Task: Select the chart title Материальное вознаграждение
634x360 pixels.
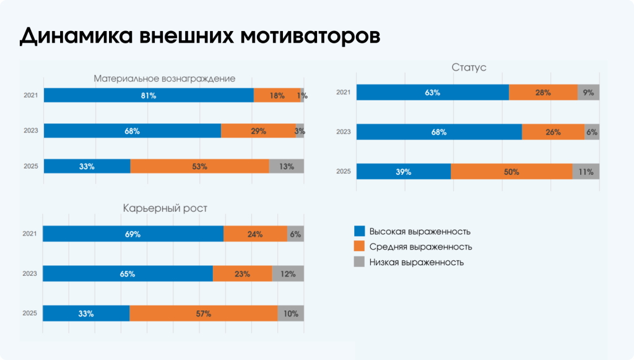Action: point(164,79)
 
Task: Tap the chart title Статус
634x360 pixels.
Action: point(469,67)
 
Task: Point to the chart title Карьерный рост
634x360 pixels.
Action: point(165,208)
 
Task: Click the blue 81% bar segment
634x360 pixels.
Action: point(149,95)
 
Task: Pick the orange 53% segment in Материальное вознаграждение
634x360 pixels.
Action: point(199,166)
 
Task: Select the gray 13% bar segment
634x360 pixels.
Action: point(286,166)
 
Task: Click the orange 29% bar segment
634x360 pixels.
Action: point(258,131)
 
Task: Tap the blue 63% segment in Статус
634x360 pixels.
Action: point(432,92)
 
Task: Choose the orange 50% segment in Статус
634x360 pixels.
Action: point(511,172)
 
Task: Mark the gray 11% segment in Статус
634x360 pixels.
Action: point(586,172)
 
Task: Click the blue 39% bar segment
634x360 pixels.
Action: point(404,172)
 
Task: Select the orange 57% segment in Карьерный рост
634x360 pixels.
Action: point(203,314)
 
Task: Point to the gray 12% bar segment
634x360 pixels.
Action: point(288,274)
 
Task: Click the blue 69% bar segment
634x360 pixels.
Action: point(133,234)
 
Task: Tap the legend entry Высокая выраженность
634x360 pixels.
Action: point(420,231)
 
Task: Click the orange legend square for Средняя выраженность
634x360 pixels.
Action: point(359,247)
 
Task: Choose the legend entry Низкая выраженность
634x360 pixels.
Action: point(416,262)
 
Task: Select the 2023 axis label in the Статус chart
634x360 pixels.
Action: point(343,132)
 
